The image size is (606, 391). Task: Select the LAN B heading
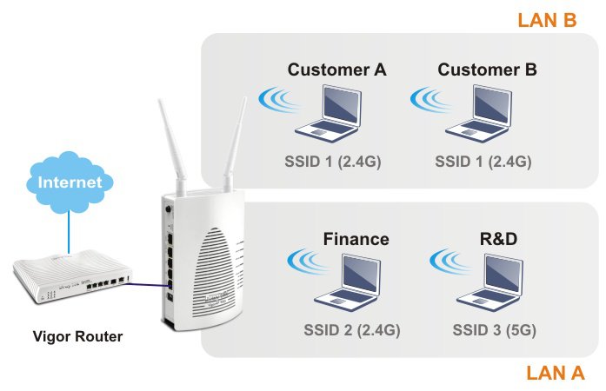pyautogui.click(x=547, y=20)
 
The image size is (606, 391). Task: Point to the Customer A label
pyautogui.click(x=336, y=70)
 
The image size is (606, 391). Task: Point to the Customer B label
pyautogui.click(x=487, y=70)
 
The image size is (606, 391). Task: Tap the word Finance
pyautogui.click(x=356, y=238)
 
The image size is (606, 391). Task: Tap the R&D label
pyautogui.click(x=498, y=238)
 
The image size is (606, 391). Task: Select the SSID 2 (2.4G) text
pyautogui.click(x=351, y=330)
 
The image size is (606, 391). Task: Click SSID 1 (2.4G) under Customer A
pyautogui.click(x=333, y=162)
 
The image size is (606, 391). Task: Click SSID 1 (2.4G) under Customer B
pyautogui.click(x=483, y=162)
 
